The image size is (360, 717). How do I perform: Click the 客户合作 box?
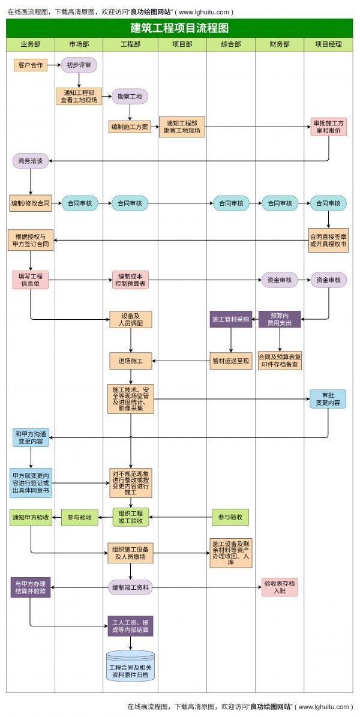click(31, 65)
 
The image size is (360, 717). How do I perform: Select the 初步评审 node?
click(79, 65)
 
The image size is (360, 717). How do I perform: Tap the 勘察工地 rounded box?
click(130, 97)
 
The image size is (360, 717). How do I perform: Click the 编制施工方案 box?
click(130, 127)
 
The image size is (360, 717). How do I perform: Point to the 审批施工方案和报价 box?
click(328, 127)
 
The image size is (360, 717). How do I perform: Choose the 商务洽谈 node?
click(31, 161)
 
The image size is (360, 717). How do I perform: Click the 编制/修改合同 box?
click(31, 203)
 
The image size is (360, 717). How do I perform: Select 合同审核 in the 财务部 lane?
click(280, 203)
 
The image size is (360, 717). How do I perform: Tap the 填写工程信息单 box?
click(31, 280)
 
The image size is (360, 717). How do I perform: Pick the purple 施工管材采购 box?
click(231, 319)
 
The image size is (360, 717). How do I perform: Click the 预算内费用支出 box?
click(280, 319)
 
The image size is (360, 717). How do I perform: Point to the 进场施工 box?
click(130, 361)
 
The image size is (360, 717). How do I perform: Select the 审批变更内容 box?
click(328, 399)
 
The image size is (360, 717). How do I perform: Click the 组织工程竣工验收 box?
click(130, 517)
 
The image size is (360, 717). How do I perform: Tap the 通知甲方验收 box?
click(31, 517)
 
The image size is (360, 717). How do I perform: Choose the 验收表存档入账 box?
click(280, 587)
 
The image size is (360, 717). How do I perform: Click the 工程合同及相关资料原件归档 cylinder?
click(130, 667)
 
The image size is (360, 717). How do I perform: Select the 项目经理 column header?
click(328, 44)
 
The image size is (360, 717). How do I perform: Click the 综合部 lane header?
click(231, 44)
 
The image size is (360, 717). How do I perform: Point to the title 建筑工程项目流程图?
click(179, 28)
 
